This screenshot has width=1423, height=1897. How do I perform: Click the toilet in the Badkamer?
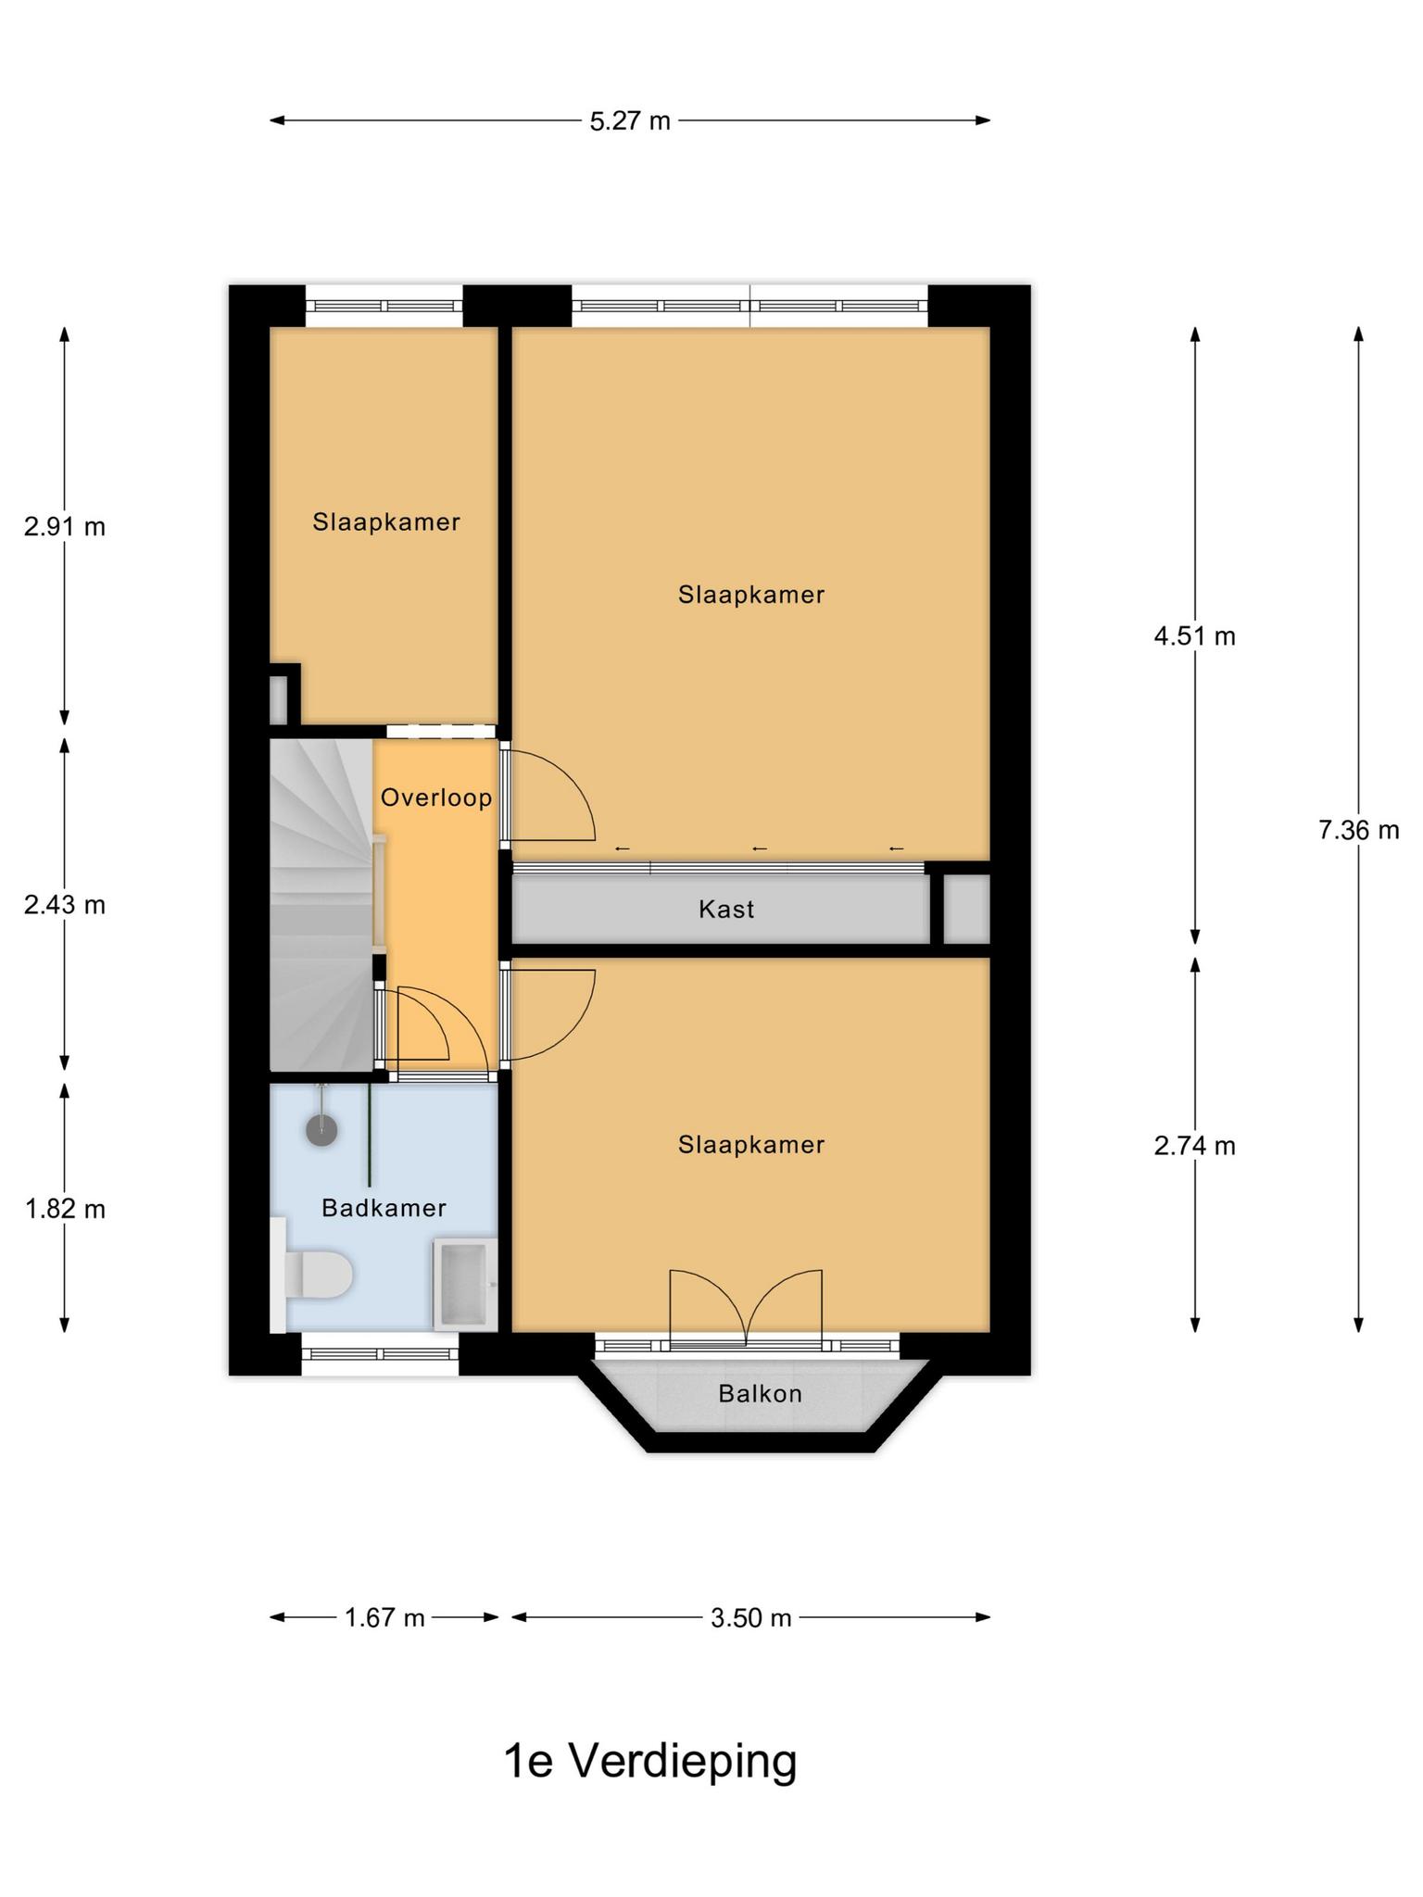(x=311, y=1275)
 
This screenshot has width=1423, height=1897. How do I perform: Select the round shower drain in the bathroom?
(x=321, y=1130)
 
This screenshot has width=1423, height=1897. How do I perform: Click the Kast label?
(x=726, y=909)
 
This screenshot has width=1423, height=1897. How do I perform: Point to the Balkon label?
(x=760, y=1393)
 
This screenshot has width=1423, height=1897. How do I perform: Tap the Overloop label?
(x=436, y=798)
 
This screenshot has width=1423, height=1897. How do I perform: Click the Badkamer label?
(x=384, y=1208)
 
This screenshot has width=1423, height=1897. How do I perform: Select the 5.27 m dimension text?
(x=630, y=121)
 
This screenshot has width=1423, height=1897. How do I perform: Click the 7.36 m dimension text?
(x=1358, y=830)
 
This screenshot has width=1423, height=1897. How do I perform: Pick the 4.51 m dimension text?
(x=1194, y=636)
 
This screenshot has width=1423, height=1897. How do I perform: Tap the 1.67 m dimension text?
(x=384, y=1618)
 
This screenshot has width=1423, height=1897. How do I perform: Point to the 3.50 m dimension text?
(x=750, y=1618)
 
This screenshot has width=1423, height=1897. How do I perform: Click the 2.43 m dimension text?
(x=65, y=905)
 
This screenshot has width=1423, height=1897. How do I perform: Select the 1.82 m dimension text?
(x=65, y=1209)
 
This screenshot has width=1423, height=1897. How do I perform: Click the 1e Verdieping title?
(x=649, y=1761)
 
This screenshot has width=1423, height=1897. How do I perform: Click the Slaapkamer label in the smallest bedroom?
(x=386, y=522)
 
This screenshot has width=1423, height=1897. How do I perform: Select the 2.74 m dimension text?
(x=1194, y=1146)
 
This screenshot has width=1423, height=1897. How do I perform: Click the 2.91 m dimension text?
(x=65, y=527)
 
